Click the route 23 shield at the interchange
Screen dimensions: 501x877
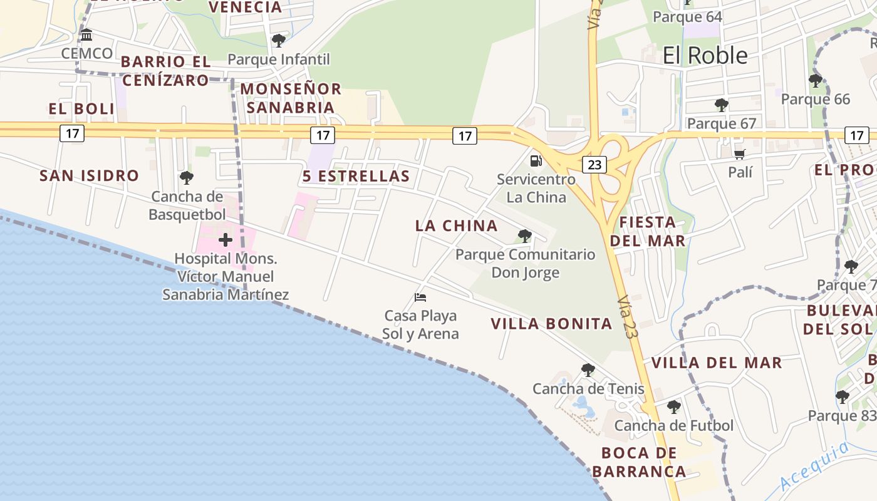(594, 165)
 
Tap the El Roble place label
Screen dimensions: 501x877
(705, 56)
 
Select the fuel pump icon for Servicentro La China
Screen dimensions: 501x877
(536, 160)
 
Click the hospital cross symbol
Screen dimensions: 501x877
(226, 240)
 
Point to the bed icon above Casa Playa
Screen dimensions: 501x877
(420, 297)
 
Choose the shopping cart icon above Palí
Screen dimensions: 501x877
(740, 154)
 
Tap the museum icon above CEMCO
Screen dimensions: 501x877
(86, 35)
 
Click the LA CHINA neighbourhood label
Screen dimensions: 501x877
(456, 225)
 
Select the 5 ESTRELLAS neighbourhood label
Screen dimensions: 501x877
(356, 176)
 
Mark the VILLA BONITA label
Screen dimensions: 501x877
(551, 324)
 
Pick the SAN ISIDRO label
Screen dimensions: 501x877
(89, 175)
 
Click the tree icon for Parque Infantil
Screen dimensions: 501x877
(279, 41)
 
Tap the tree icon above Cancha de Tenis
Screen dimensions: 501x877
(588, 370)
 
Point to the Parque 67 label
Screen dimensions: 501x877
(722, 123)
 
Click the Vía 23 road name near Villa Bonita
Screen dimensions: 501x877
(626, 317)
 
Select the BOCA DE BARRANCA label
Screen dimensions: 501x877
(639, 462)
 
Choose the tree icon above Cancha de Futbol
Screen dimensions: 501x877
(673, 407)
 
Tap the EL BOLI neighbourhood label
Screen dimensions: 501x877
(82, 109)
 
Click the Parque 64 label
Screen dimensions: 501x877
(687, 17)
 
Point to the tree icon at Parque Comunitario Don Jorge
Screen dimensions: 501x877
(525, 236)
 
